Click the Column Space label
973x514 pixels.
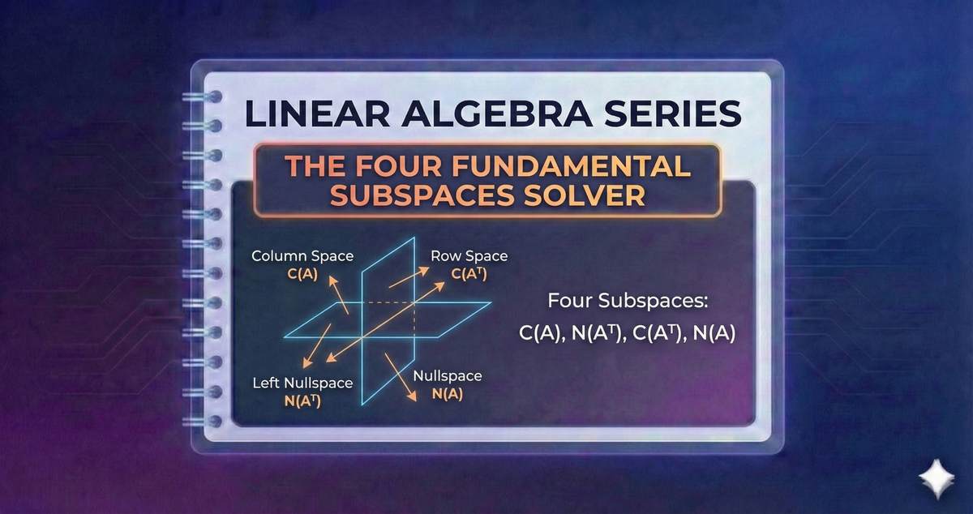302,256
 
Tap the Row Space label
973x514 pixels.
469,256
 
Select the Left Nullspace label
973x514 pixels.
302,383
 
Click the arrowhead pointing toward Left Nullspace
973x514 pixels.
304,365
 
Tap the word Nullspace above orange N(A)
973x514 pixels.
448,376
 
